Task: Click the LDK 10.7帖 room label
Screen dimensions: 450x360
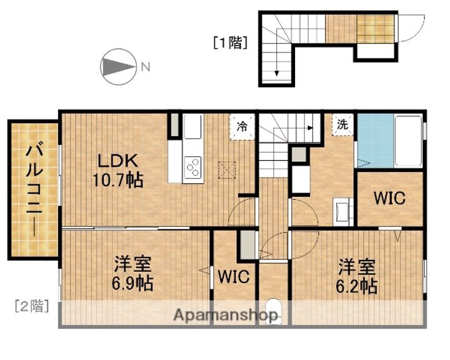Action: (x=117, y=171)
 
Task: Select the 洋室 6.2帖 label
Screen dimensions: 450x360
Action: (x=356, y=276)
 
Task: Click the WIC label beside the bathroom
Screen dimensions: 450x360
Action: (x=389, y=197)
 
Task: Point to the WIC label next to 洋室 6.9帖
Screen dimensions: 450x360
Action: (x=234, y=276)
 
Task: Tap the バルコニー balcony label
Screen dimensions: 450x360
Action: (x=34, y=191)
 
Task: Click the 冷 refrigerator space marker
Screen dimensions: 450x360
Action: (x=242, y=126)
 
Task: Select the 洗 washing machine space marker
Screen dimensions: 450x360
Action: (x=342, y=124)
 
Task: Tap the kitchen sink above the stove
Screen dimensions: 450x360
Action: (x=192, y=126)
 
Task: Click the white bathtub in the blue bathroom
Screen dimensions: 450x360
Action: (x=408, y=141)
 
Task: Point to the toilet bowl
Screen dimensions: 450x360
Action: (x=273, y=311)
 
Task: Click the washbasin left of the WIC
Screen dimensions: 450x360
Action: (x=341, y=211)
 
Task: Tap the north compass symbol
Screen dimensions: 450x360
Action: (x=118, y=67)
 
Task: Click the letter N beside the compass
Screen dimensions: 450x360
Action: (x=146, y=67)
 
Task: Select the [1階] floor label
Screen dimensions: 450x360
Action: (x=230, y=42)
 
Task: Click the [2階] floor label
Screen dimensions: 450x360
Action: (x=32, y=306)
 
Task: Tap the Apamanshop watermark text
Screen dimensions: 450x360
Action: (x=226, y=315)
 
